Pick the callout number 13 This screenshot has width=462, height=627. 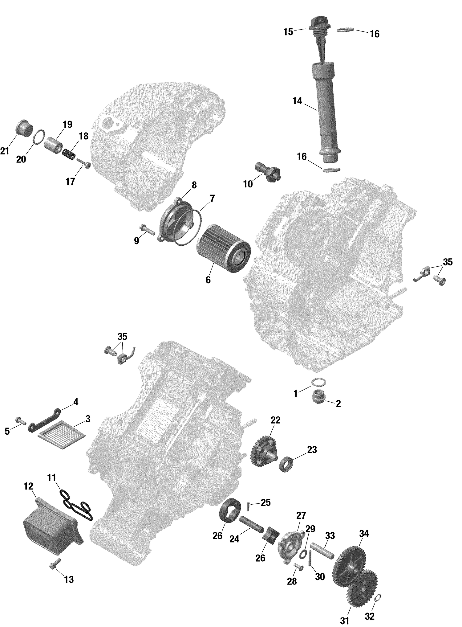coord(69,579)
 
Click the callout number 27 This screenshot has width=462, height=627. coord(301,515)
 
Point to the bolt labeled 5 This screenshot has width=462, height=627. coord(19,420)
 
